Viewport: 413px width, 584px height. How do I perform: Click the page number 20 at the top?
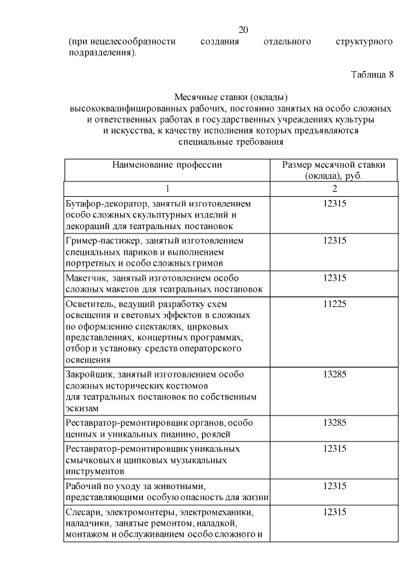coord(243,30)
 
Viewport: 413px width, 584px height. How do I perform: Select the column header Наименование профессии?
coord(167,165)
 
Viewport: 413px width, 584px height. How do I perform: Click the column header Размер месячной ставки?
coord(334,165)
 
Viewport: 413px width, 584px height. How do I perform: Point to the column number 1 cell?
coord(167,188)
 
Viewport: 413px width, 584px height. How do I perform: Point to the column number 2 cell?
coord(334,188)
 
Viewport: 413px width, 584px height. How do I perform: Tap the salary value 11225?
coord(334,303)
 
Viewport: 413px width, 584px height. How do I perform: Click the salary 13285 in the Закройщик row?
coord(334,374)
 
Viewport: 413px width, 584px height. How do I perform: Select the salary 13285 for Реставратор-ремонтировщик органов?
coord(334,423)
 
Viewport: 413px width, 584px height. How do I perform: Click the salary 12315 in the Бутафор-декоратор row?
coord(334,203)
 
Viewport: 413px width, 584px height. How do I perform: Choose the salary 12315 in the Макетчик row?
coord(334,277)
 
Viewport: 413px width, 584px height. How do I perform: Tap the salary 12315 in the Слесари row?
coord(334,511)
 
